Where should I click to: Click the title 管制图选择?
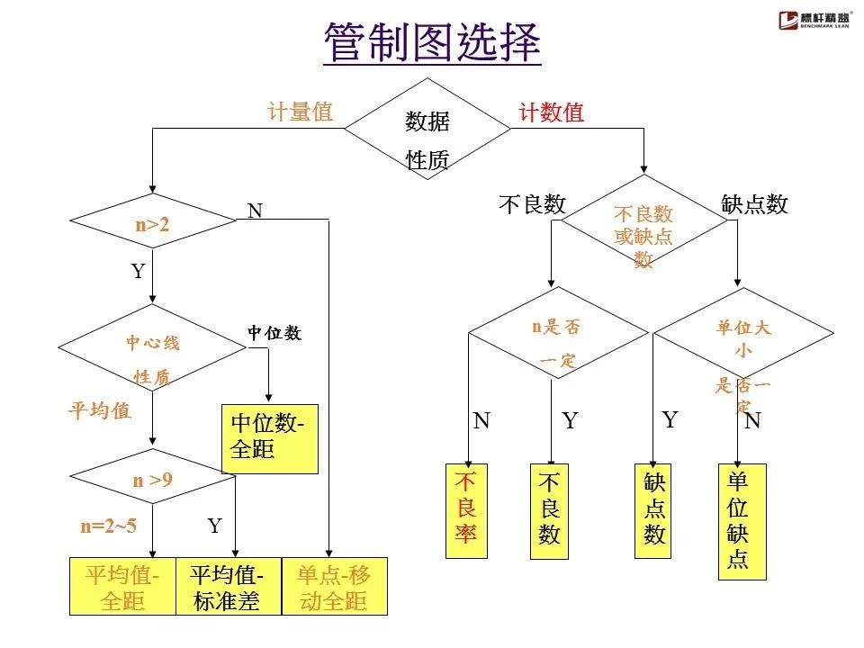point(432,44)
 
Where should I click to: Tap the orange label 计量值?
point(300,112)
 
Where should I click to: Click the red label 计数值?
point(551,112)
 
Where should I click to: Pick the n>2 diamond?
point(153,221)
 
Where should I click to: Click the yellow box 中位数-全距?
point(269,437)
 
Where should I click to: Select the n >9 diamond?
point(152,480)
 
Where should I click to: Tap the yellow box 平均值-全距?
point(122,587)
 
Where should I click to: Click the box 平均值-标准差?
point(228,587)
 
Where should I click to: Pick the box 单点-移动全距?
point(334,587)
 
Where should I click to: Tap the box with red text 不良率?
point(466,510)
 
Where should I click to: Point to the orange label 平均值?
point(100,411)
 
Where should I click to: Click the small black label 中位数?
point(274,333)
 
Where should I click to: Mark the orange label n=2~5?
point(108,526)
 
